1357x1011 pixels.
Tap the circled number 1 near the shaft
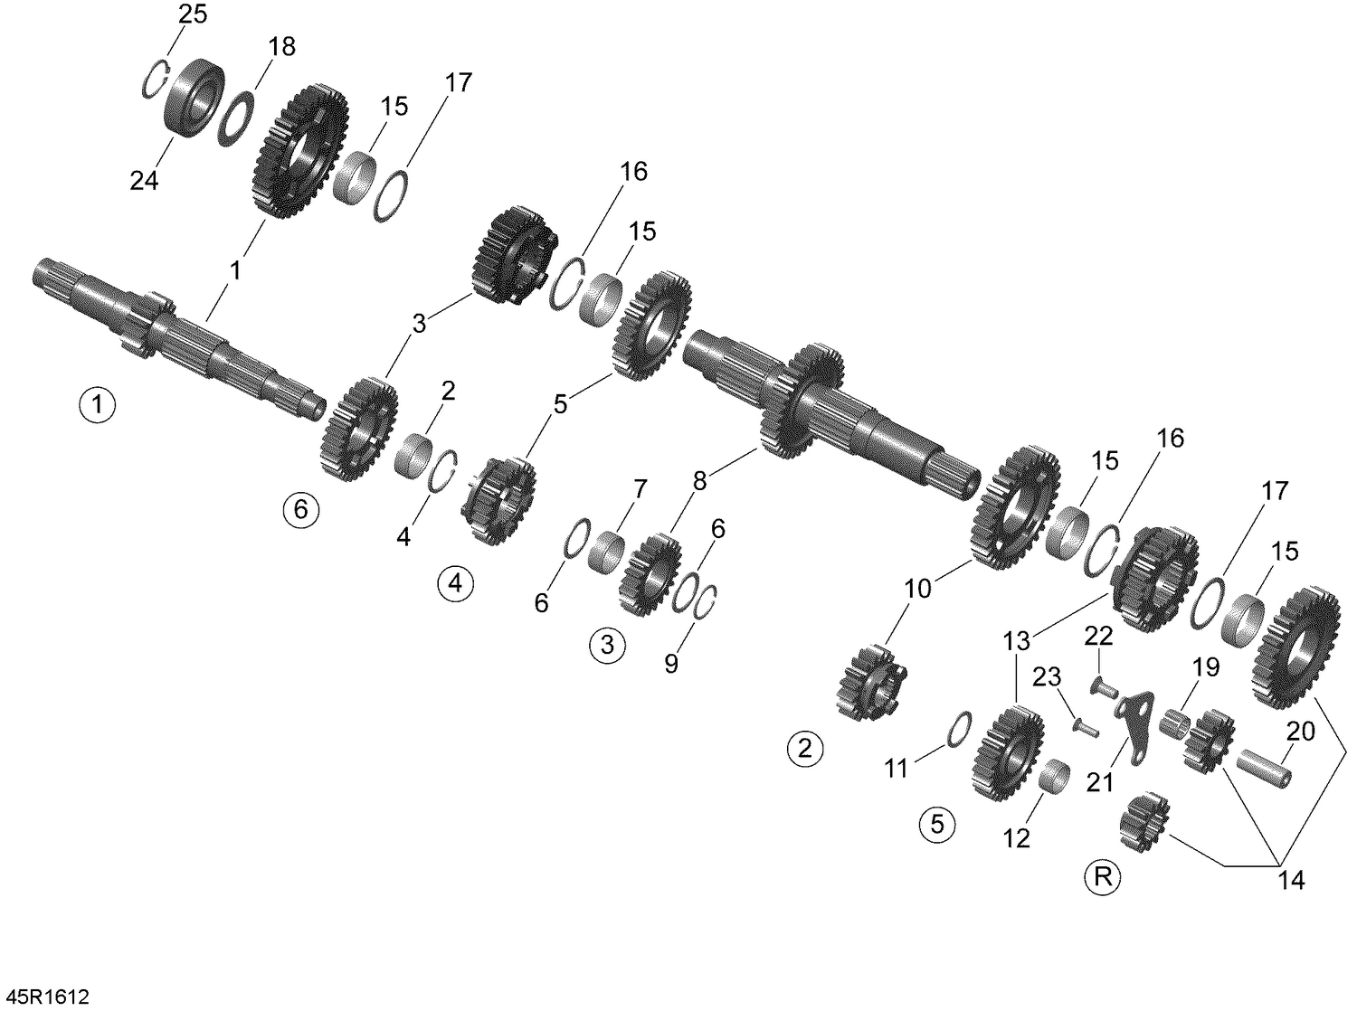click(97, 403)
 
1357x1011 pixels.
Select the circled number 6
click(300, 510)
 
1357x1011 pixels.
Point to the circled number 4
click(455, 583)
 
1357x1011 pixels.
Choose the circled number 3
click(606, 645)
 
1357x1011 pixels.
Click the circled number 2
click(805, 748)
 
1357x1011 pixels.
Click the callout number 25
click(192, 14)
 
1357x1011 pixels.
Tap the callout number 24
click(144, 181)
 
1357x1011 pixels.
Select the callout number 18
click(281, 47)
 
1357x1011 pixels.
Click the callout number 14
click(1292, 879)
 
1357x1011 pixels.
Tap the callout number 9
click(670, 663)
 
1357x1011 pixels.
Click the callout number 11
click(896, 769)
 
